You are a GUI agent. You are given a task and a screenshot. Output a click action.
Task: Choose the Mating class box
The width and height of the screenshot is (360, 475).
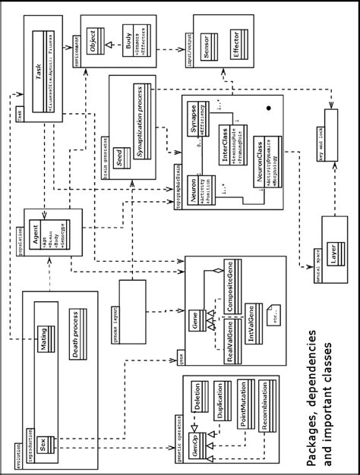[x=46, y=335]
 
